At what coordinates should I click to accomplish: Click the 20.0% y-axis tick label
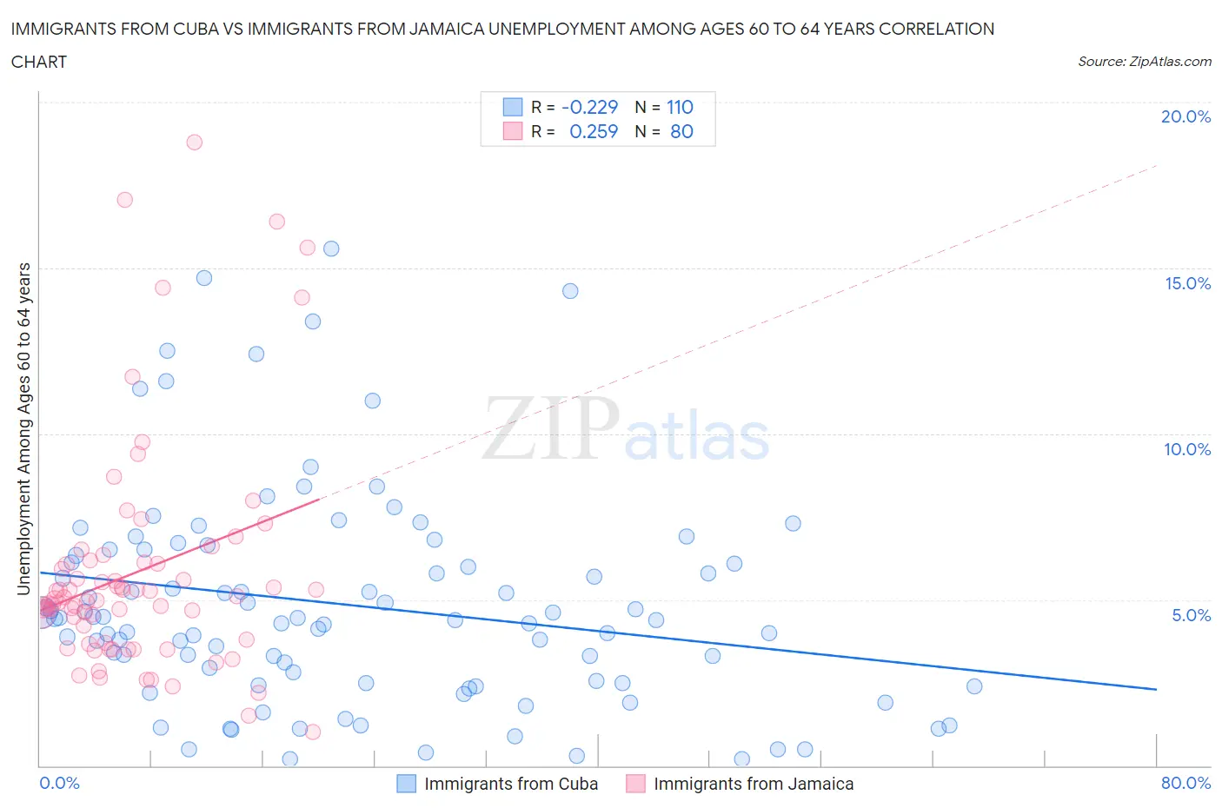coord(1185,116)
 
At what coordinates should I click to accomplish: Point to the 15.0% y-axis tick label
coord(1187,283)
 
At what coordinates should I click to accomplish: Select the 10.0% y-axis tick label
coord(1187,449)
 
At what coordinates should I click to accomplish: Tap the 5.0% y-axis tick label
coord(1191,615)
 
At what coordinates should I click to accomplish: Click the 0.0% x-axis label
coord(59,783)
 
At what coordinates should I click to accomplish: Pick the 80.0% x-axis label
coord(1185,783)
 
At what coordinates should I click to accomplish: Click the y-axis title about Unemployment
coord(23,429)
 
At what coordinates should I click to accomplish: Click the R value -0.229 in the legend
coord(589,107)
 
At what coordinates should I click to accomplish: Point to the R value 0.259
coord(593,131)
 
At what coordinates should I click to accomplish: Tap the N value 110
coord(680,107)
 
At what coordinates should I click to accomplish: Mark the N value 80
coord(681,131)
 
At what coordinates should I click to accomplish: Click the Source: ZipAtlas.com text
coord(1144,61)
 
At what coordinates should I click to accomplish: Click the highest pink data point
coord(194,142)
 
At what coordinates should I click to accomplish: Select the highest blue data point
coord(331,248)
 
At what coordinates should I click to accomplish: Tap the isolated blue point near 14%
coord(570,291)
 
